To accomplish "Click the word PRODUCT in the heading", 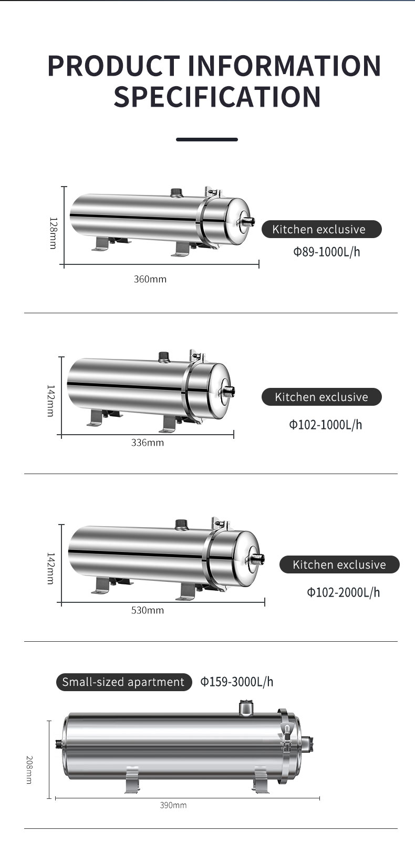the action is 113,65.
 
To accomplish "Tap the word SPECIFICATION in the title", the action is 217,97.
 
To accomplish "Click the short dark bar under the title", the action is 207,139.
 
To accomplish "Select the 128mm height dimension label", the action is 53,233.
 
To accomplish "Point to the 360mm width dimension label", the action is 150,279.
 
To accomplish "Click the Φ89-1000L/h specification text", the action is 326,251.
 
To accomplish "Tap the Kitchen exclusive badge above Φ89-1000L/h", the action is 321,229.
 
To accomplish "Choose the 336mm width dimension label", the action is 148,443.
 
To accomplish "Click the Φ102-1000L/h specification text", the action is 325,425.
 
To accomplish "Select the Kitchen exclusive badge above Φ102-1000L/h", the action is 321,397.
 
